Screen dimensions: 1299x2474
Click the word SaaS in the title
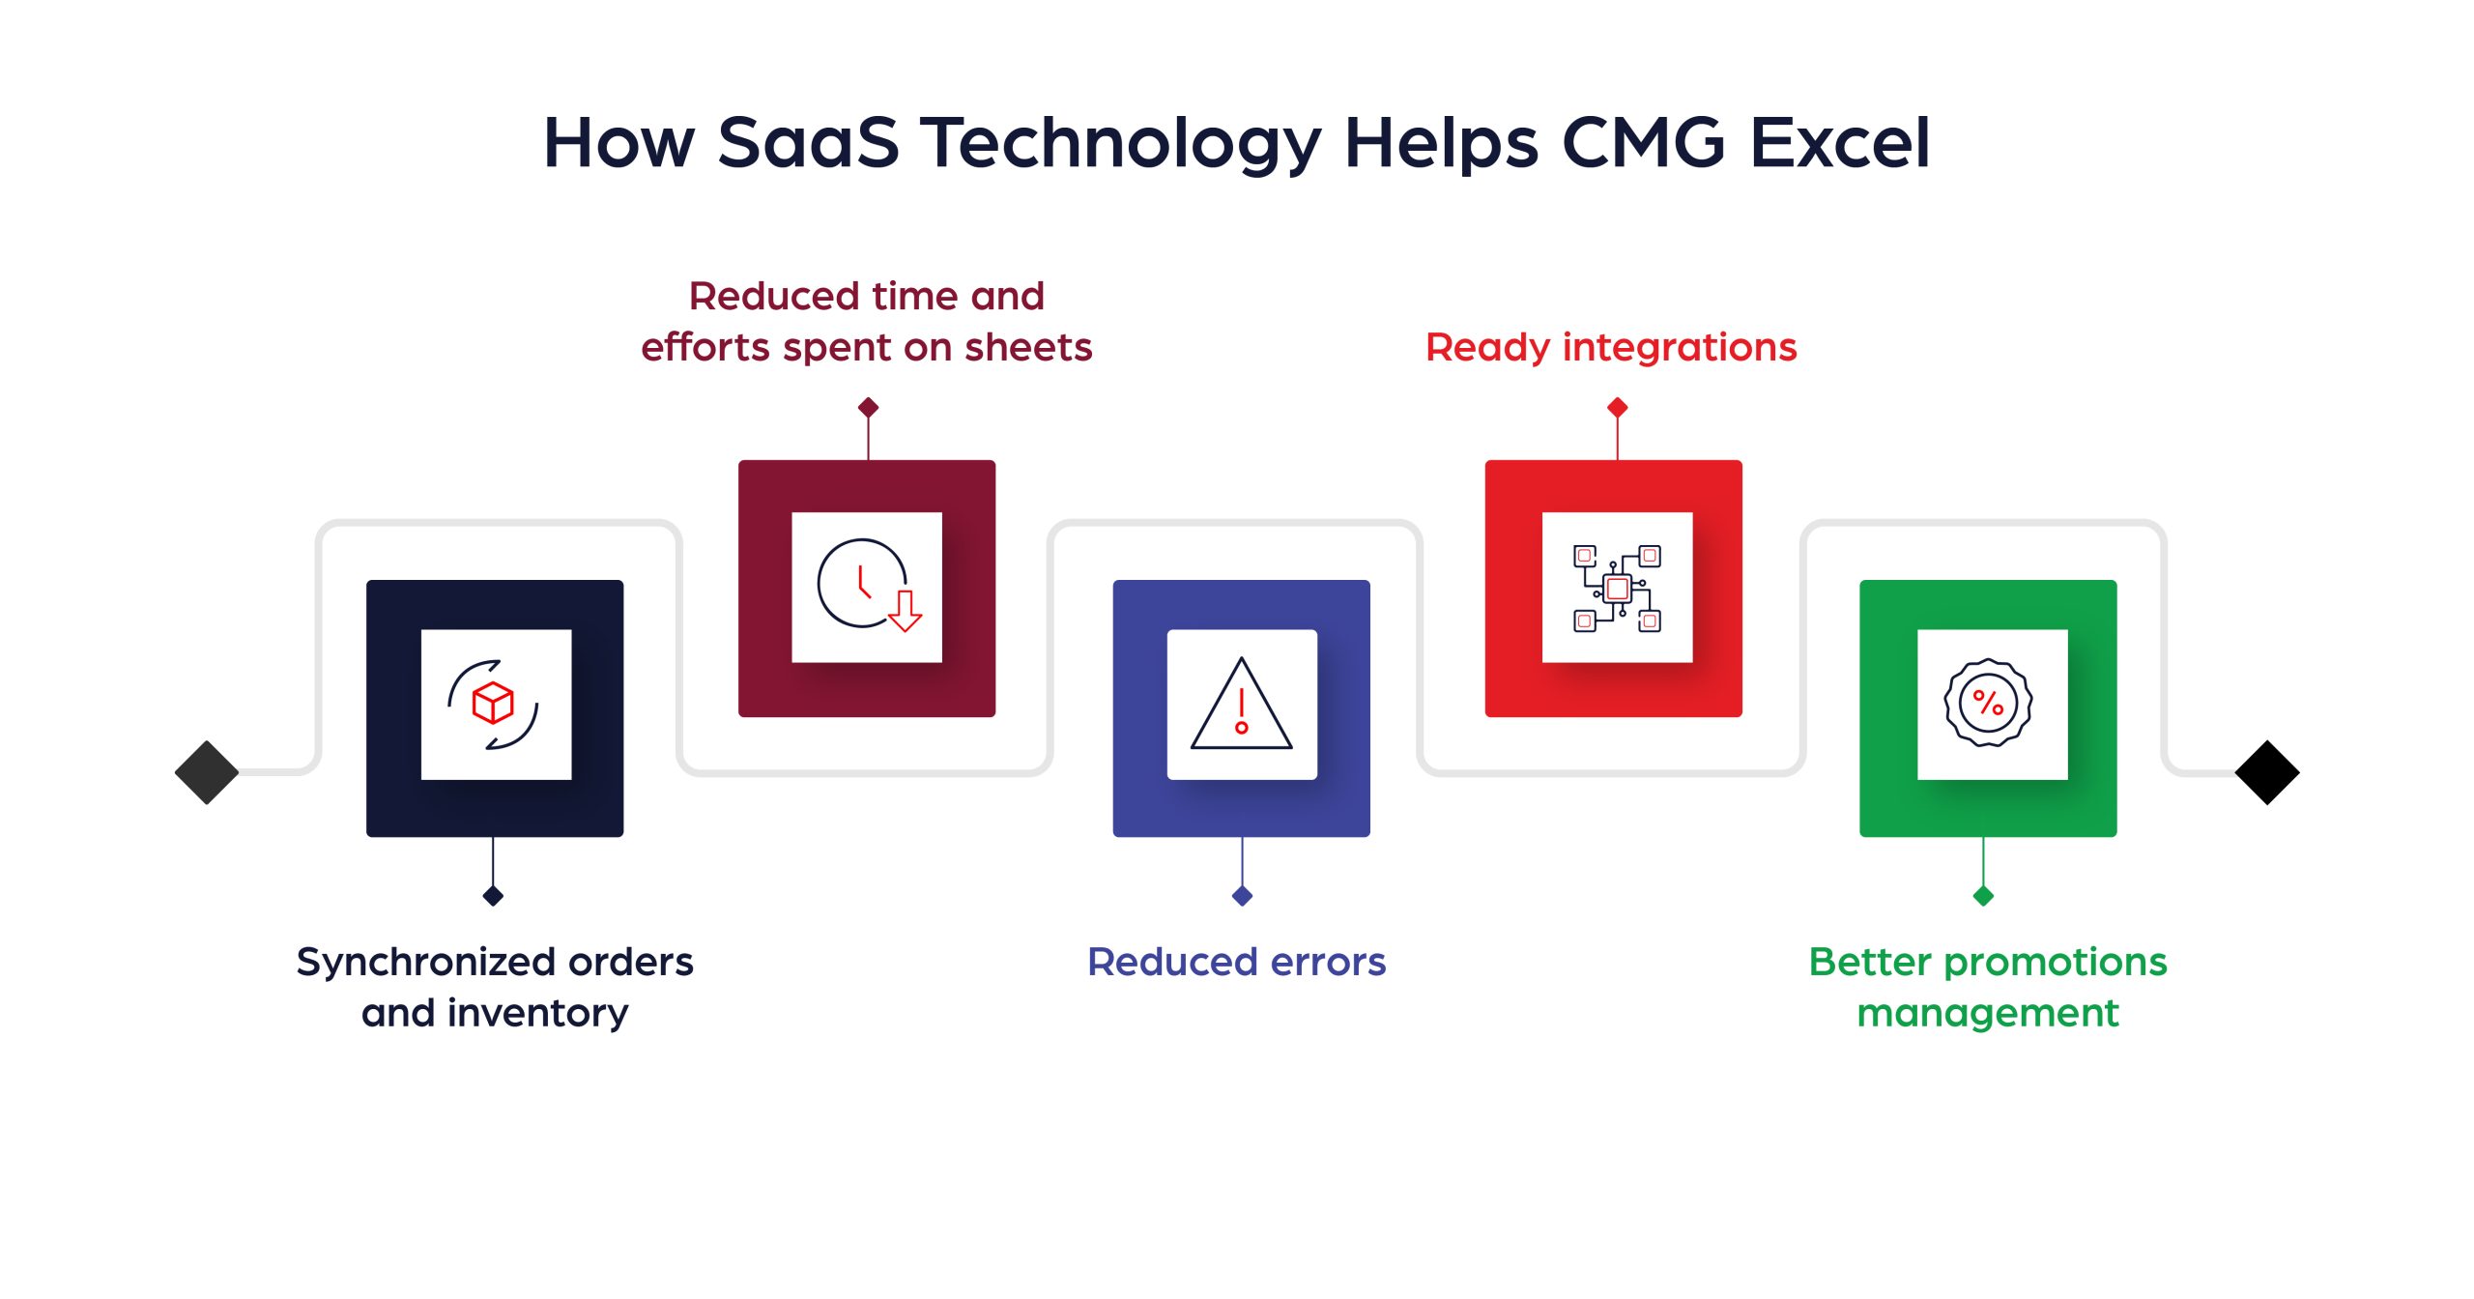pyautogui.click(x=808, y=143)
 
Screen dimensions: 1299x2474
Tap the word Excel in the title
pyautogui.click(x=1839, y=143)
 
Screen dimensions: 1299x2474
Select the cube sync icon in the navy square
pyautogui.click(x=494, y=705)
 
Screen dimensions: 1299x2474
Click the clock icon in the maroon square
pyautogui.click(x=859, y=583)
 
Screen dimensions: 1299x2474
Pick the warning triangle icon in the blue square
pyautogui.click(x=1242, y=707)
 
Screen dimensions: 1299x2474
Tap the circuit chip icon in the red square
pyautogui.click(x=1617, y=588)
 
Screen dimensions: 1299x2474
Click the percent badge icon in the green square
pyautogui.click(x=1988, y=703)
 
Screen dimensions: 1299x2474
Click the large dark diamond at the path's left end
pyautogui.click(x=207, y=772)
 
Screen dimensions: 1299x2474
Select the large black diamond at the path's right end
pyautogui.click(x=2266, y=772)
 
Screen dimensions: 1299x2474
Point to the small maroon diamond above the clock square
pyautogui.click(x=868, y=408)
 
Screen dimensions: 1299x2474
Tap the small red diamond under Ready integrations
pyautogui.click(x=1617, y=408)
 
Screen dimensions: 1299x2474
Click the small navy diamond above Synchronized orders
pyautogui.click(x=493, y=896)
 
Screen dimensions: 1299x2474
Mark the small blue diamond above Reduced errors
pyautogui.click(x=1242, y=896)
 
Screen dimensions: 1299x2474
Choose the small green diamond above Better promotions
pyautogui.click(x=1983, y=896)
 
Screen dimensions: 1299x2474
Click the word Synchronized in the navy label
pyautogui.click(x=425, y=963)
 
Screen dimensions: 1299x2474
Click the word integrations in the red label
pyautogui.click(x=1679, y=347)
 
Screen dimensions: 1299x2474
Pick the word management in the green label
pyautogui.click(x=1987, y=1013)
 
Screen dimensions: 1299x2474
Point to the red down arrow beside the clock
pyautogui.click(x=906, y=611)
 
